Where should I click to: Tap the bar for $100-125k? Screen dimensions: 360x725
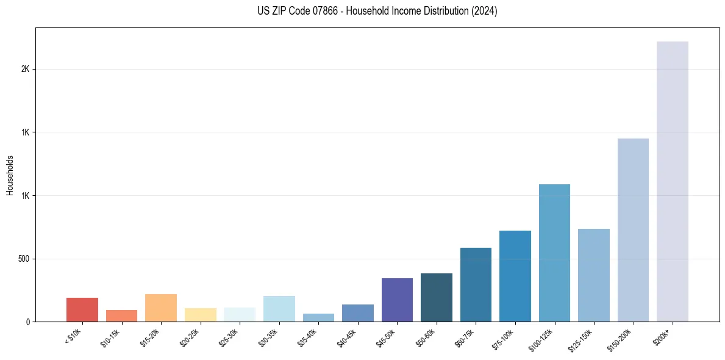pos(554,253)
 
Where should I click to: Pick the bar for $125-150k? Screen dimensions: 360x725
pos(594,275)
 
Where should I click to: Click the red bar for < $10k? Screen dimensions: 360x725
pos(82,310)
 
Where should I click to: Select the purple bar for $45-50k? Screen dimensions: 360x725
pos(397,300)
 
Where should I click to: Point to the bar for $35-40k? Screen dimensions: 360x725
pos(318,318)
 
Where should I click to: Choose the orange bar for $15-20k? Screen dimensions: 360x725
pos(161,308)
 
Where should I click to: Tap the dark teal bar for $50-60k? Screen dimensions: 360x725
pos(437,298)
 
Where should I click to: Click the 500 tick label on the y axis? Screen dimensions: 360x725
pos(24,259)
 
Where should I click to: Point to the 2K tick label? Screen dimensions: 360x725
pos(26,70)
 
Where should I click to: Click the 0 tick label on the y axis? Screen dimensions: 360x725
pos(28,322)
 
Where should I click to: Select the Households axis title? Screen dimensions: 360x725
pos(10,175)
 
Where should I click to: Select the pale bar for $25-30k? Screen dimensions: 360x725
pos(240,315)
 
